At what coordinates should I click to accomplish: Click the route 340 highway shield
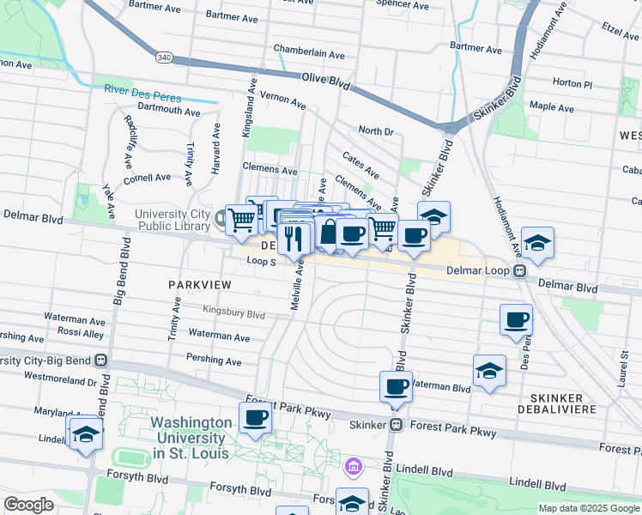pyautogui.click(x=163, y=56)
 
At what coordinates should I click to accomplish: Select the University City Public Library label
pyautogui.click(x=173, y=220)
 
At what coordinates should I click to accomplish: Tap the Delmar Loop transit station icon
pyautogui.click(x=520, y=270)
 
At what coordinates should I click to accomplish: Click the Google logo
pyautogui.click(x=27, y=505)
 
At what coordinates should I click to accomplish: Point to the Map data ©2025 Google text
pyautogui.click(x=588, y=508)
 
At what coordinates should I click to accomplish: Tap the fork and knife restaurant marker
pyautogui.click(x=294, y=238)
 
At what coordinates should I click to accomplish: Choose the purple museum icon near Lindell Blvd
pyautogui.click(x=352, y=468)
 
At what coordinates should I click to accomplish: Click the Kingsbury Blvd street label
pyautogui.click(x=233, y=313)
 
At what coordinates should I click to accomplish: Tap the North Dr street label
pyautogui.click(x=375, y=130)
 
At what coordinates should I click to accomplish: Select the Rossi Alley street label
pyautogui.click(x=81, y=331)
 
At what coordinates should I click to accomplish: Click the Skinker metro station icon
pyautogui.click(x=397, y=424)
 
